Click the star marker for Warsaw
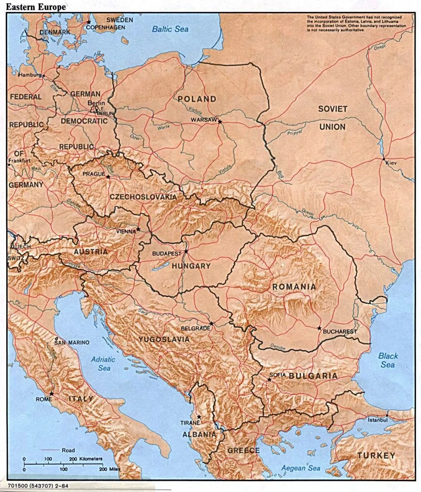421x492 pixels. click(x=220, y=122)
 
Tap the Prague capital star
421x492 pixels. click(x=108, y=177)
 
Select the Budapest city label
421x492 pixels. click(x=167, y=253)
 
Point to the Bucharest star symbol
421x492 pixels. click(x=319, y=328)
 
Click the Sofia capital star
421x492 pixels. click(x=269, y=379)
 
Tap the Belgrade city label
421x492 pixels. click(x=195, y=329)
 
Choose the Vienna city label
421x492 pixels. click(x=126, y=231)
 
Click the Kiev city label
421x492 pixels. click(x=391, y=163)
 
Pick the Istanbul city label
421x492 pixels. click(x=378, y=420)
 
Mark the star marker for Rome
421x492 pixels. click(x=51, y=394)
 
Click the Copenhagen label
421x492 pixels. click(x=105, y=27)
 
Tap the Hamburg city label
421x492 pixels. click(x=30, y=75)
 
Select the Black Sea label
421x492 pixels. click(x=388, y=360)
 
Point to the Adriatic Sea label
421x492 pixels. click(x=103, y=364)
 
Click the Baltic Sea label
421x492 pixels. click(x=170, y=29)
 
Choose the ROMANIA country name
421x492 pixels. click(x=294, y=287)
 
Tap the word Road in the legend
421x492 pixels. click(x=69, y=450)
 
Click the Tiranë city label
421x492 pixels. click(x=190, y=422)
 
